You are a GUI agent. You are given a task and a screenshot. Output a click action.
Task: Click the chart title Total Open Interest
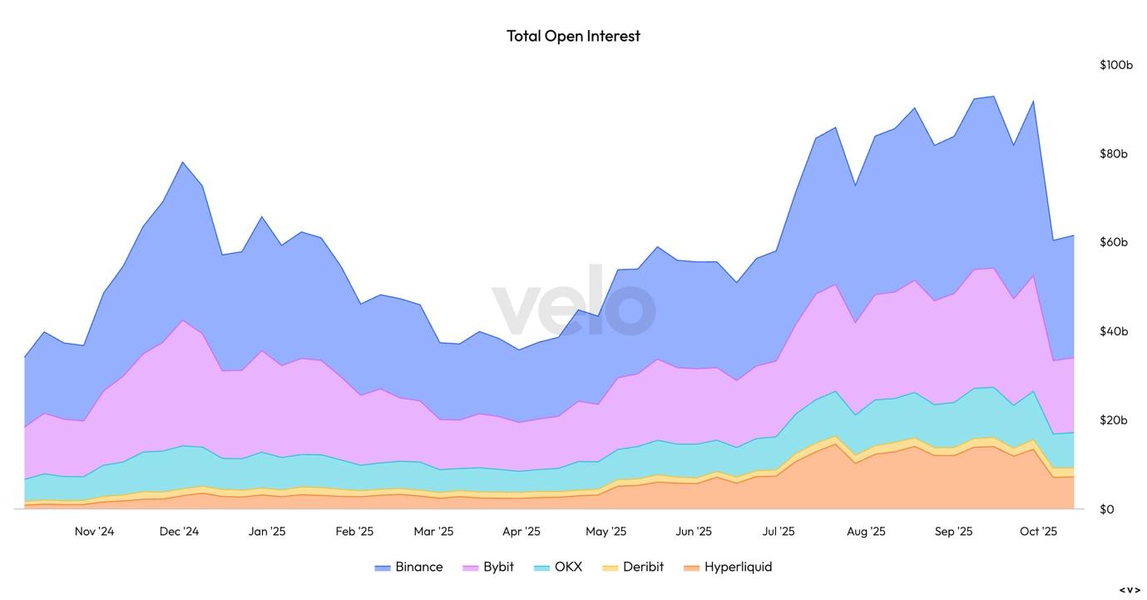tap(573, 36)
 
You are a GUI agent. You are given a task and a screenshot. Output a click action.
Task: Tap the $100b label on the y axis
tap(1115, 65)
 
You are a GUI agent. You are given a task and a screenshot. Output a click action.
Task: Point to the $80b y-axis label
tap(1113, 154)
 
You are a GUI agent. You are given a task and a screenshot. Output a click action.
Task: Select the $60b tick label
tap(1113, 242)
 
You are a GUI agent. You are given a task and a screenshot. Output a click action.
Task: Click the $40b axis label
tap(1113, 331)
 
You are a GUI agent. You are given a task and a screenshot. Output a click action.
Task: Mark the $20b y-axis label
tap(1113, 420)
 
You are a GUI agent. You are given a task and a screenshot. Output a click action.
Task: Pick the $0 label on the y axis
tap(1106, 509)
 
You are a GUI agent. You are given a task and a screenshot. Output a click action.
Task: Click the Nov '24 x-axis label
tap(94, 532)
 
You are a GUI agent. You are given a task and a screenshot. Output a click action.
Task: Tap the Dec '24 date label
tap(179, 532)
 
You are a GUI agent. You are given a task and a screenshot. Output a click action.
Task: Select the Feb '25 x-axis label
tap(354, 532)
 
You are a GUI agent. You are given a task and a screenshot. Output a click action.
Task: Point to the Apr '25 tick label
tap(521, 532)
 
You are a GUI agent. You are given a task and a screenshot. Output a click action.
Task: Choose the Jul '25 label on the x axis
tap(779, 532)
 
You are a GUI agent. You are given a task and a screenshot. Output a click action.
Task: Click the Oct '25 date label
tap(1038, 532)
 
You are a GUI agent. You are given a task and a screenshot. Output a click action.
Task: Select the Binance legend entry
tap(409, 567)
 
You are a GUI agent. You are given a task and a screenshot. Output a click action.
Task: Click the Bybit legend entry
tap(489, 567)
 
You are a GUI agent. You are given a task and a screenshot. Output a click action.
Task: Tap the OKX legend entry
tap(559, 567)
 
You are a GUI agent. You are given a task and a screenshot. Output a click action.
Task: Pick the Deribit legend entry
tap(634, 567)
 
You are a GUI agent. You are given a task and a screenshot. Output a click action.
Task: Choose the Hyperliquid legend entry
tap(729, 567)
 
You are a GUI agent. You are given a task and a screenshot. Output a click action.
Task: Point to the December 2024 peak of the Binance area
tap(182, 162)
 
